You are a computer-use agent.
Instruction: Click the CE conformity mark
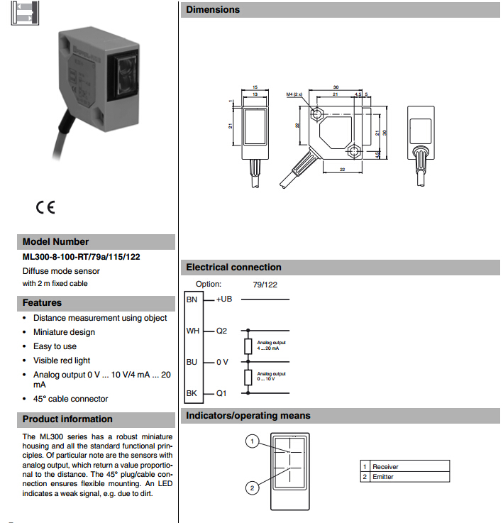(x=45, y=208)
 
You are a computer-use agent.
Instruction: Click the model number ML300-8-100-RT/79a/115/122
(x=81, y=257)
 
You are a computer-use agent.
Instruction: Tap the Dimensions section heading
(x=213, y=10)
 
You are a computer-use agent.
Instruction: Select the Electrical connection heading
(x=233, y=268)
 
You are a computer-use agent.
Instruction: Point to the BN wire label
(x=192, y=299)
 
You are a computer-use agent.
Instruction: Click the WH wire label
(x=192, y=331)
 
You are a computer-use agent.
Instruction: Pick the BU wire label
(x=192, y=362)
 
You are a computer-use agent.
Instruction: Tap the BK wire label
(x=192, y=393)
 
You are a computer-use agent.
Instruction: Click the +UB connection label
(x=223, y=299)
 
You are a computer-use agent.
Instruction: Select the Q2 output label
(x=221, y=331)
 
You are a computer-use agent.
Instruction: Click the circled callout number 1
(x=251, y=441)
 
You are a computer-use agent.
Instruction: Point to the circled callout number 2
(x=251, y=488)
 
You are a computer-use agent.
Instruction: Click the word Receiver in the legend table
(x=385, y=466)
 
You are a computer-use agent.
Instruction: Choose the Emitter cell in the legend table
(x=383, y=477)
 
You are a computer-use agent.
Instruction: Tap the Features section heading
(x=43, y=303)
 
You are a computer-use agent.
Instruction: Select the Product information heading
(x=67, y=419)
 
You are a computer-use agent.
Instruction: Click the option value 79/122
(x=265, y=284)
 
